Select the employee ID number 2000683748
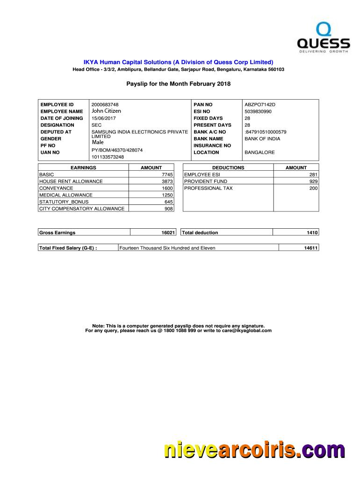click(x=105, y=104)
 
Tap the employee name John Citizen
click(x=106, y=111)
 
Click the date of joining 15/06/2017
click(x=103, y=118)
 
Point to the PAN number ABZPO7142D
click(x=260, y=104)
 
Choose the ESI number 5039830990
click(x=258, y=111)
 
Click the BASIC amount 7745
click(x=167, y=174)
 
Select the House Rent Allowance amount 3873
click(x=167, y=181)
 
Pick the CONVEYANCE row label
click(x=56, y=188)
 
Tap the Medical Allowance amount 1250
click(x=167, y=195)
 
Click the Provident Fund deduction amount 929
click(x=313, y=181)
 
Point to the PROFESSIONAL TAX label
click(x=208, y=188)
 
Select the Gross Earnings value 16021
click(x=168, y=232)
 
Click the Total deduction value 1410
click(x=312, y=232)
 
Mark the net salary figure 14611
click(x=311, y=248)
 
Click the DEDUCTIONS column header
click(x=228, y=167)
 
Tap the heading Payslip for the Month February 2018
click(x=179, y=84)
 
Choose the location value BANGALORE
click(x=259, y=152)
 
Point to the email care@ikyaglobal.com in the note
click(x=243, y=331)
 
